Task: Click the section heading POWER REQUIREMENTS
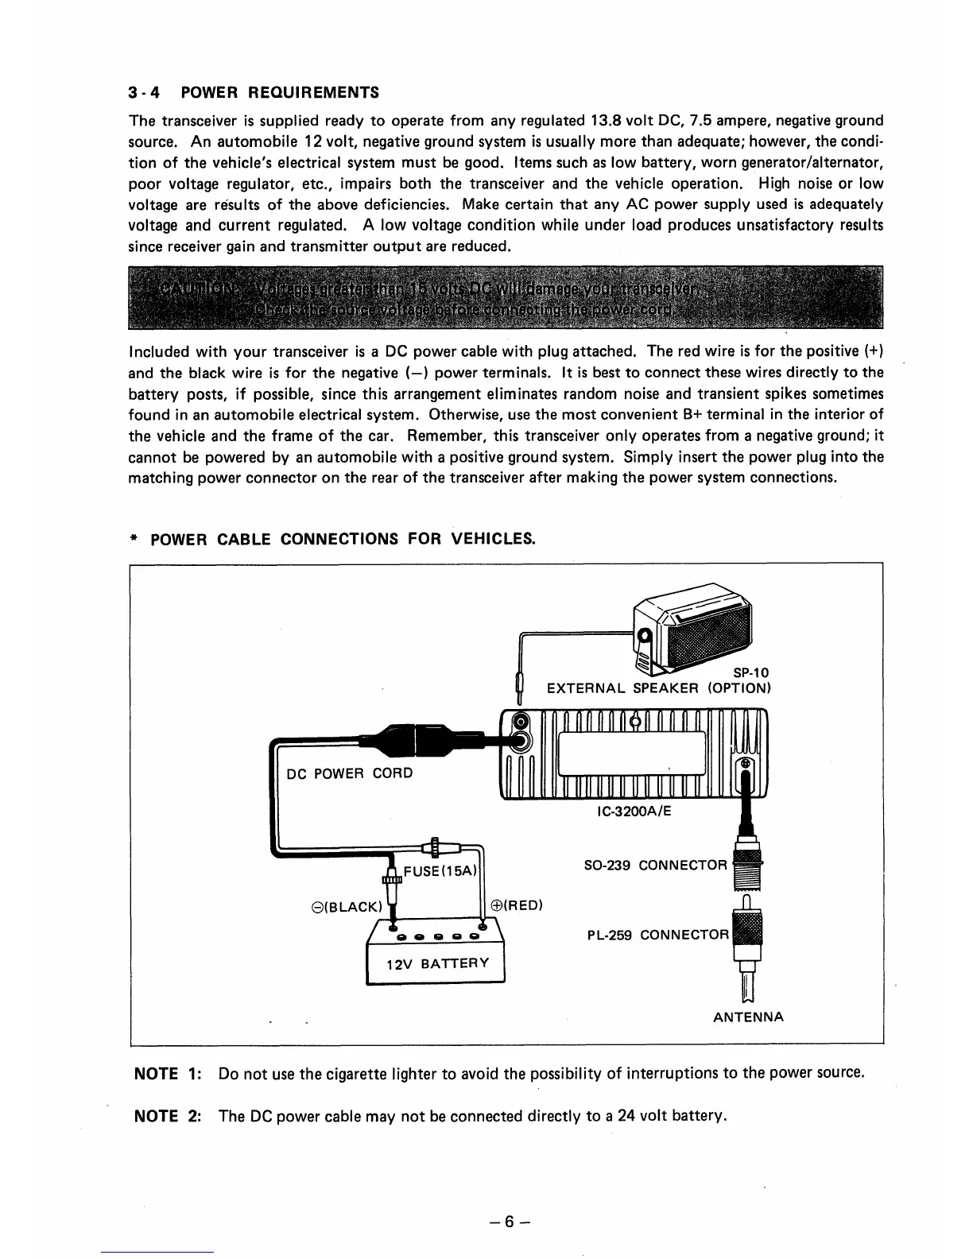click(280, 92)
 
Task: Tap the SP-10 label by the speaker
click(751, 672)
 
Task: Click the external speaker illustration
click(693, 627)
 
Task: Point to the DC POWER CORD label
click(350, 773)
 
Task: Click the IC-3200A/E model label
click(634, 811)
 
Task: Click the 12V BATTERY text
click(436, 965)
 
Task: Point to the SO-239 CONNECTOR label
click(655, 865)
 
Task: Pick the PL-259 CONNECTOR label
click(657, 935)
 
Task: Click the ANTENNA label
click(748, 1017)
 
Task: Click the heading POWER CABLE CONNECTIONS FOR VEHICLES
click(342, 540)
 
